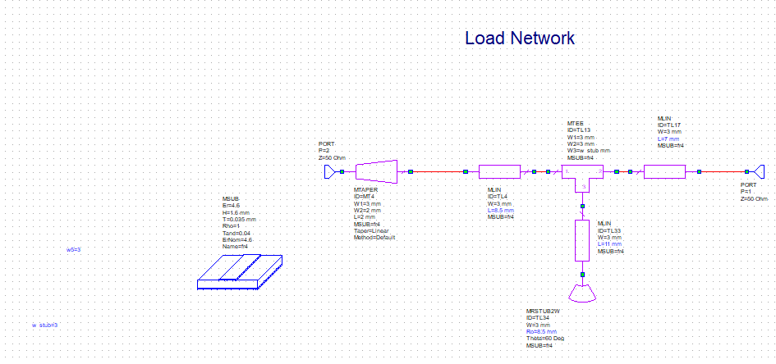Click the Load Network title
tap(519, 38)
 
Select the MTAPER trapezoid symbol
tap(377, 171)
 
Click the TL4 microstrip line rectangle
tap(500, 171)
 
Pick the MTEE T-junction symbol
tap(583, 175)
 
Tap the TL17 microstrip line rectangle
tap(664, 171)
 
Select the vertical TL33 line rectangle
tap(582, 240)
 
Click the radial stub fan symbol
tap(582, 291)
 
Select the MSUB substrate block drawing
tap(240, 271)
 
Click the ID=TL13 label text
tap(579, 130)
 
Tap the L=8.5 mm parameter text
tap(502, 211)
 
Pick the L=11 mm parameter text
tap(610, 244)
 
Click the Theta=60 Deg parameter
tap(545, 339)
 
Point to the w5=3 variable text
tap(74, 249)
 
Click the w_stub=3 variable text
tap(45, 325)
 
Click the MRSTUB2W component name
tap(543, 312)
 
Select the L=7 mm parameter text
tap(668, 139)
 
